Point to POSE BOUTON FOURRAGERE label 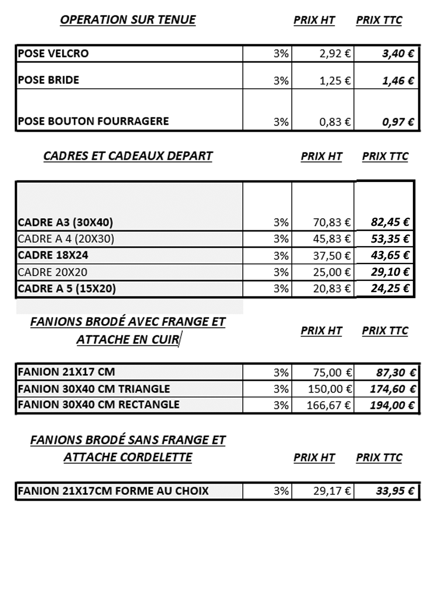tap(93, 121)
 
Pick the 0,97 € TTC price tap(398, 122)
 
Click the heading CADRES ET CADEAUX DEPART tap(128, 156)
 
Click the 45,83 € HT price tap(331, 239)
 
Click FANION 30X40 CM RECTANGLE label tap(98, 405)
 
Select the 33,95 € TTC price tap(395, 491)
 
